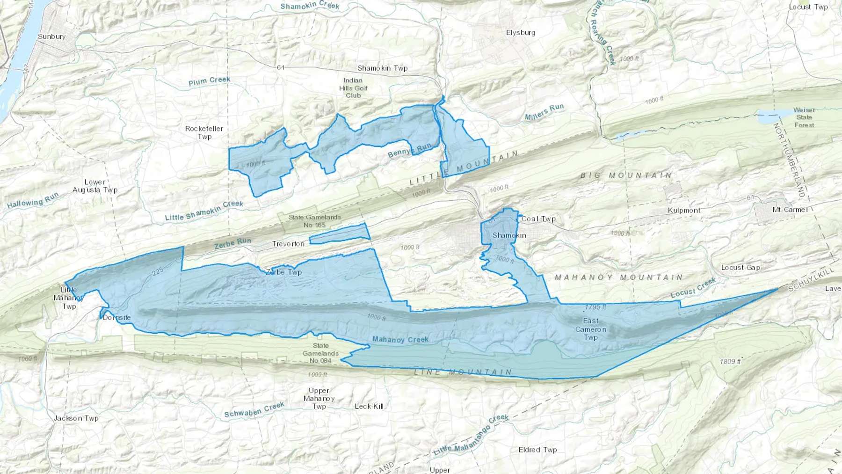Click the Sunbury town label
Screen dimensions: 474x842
coord(51,36)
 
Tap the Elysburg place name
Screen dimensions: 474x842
coord(521,33)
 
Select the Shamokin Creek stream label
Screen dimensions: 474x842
coord(310,6)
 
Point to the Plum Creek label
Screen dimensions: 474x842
coord(209,81)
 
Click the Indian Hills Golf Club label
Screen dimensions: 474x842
coord(353,88)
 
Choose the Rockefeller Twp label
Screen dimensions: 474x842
coord(204,132)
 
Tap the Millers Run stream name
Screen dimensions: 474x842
coord(544,111)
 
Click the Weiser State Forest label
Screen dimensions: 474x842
coord(804,117)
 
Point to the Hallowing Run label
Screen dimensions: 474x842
coord(33,200)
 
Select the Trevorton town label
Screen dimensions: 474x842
coord(288,244)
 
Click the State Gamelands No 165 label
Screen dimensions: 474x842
coord(314,221)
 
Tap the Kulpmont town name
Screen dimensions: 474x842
coord(684,211)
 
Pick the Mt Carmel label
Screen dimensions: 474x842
coord(790,210)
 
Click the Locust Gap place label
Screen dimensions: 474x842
coord(740,268)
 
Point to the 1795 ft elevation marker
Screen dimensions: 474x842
coord(595,307)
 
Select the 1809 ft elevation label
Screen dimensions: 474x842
coord(730,361)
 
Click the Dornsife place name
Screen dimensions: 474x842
coord(116,318)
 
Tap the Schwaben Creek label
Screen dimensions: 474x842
coord(254,409)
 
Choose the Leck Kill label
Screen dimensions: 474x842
coord(369,406)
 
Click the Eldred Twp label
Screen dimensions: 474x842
coord(537,450)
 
